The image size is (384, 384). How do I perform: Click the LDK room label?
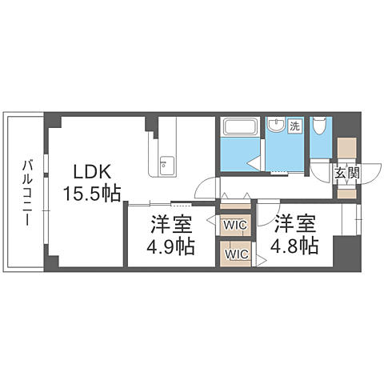coord(92,172)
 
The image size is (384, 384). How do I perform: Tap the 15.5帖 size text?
coord(92,193)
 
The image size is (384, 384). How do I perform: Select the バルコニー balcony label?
coord(27,193)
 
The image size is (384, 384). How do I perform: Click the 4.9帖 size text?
coord(170,246)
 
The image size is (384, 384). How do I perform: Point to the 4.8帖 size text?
coord(294,246)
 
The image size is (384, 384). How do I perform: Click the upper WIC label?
coord(235,226)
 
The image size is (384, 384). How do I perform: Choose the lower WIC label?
coord(237,254)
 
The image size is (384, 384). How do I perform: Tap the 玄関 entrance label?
coord(347,174)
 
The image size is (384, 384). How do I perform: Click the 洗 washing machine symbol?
coord(295,126)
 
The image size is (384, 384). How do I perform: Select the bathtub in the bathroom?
coord(240,126)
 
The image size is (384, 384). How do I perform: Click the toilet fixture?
coord(321,126)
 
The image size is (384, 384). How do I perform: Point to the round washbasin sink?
coord(276,125)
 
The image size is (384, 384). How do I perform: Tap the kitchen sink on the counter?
coord(167,166)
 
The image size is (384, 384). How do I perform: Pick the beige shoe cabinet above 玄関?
coord(347,148)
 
